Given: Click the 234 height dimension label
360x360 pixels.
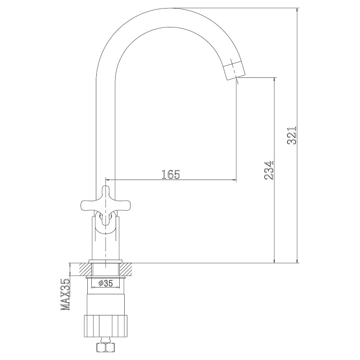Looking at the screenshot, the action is click(x=269, y=170).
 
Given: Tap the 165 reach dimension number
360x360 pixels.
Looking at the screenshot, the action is click(x=171, y=175).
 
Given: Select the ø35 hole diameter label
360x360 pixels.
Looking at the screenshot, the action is click(x=106, y=283).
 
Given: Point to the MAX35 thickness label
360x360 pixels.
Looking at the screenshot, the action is click(x=65, y=295).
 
